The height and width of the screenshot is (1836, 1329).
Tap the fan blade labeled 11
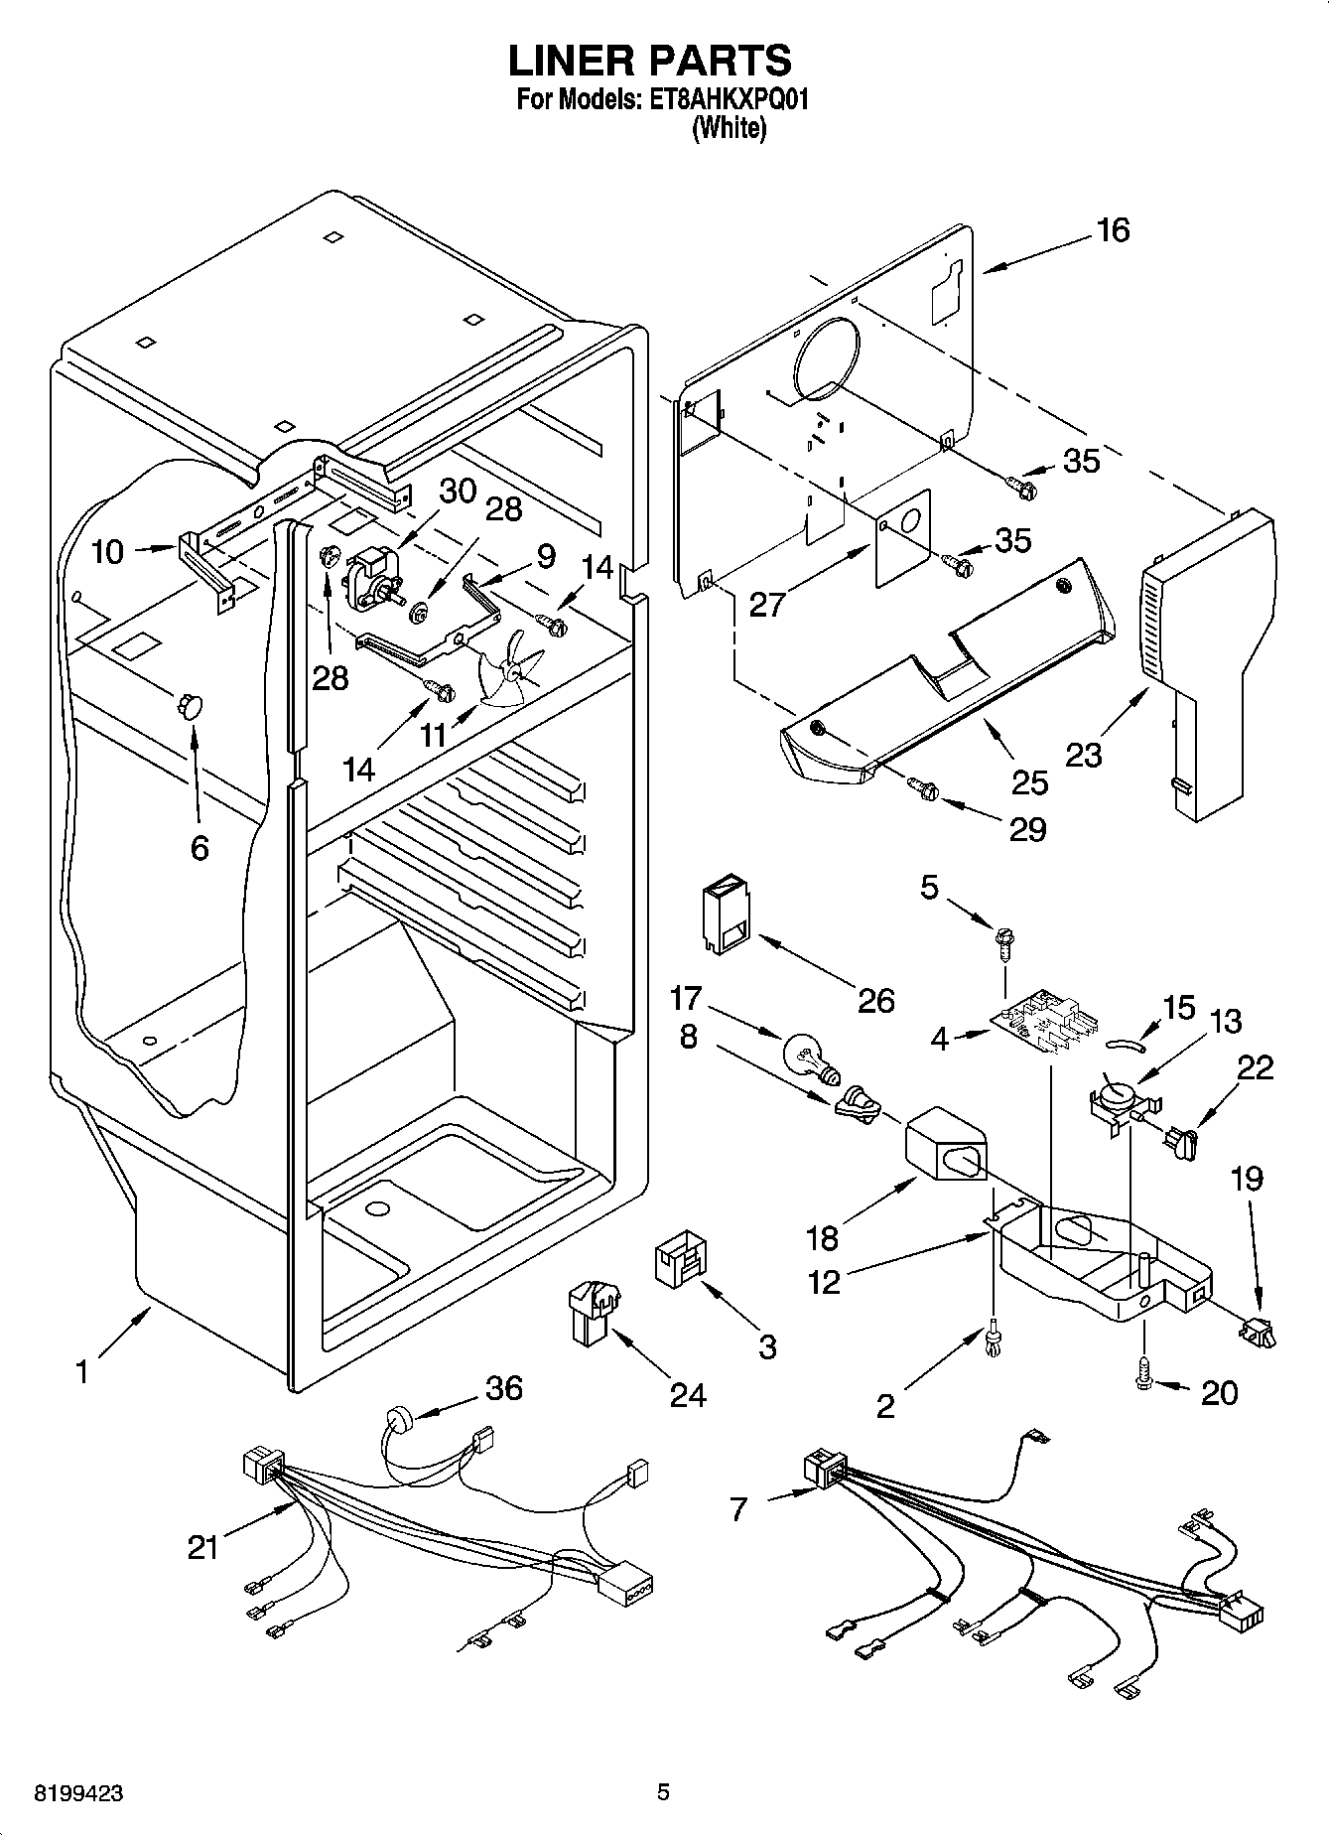click(510, 670)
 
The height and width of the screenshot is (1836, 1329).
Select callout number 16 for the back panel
click(1113, 230)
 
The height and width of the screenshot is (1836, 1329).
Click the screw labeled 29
click(924, 788)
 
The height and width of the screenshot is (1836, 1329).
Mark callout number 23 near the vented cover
click(1083, 756)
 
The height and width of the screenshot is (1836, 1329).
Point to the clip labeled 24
click(592, 1313)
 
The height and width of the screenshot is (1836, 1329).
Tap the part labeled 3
click(680, 1259)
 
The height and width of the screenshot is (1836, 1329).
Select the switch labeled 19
click(1256, 1332)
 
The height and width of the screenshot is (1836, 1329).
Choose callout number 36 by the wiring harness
click(503, 1387)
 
